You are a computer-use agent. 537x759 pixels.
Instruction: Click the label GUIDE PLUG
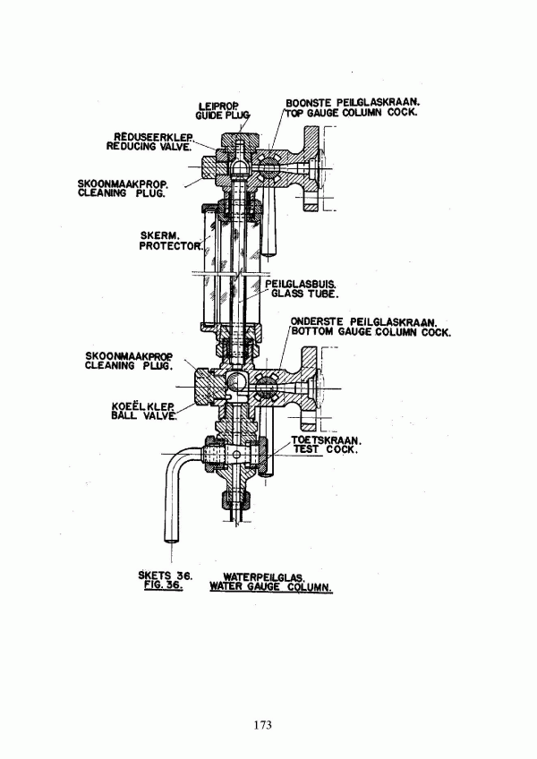(222, 115)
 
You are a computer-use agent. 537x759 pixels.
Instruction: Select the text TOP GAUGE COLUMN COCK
(351, 112)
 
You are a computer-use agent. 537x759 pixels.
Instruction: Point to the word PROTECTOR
(170, 246)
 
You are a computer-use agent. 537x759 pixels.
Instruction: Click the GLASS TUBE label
(304, 294)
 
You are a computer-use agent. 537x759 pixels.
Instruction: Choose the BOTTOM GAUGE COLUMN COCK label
(371, 332)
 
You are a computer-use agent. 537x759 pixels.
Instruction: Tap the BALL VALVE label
(143, 416)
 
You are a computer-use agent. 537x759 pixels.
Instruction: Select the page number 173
(262, 725)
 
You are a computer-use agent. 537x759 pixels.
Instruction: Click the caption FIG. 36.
(160, 585)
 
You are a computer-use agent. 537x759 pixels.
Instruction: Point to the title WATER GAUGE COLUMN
(270, 587)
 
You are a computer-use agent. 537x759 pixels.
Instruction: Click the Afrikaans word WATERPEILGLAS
(263, 577)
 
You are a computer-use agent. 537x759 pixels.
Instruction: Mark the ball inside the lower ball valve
(237, 382)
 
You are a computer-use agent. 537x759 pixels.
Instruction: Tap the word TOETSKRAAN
(327, 440)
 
